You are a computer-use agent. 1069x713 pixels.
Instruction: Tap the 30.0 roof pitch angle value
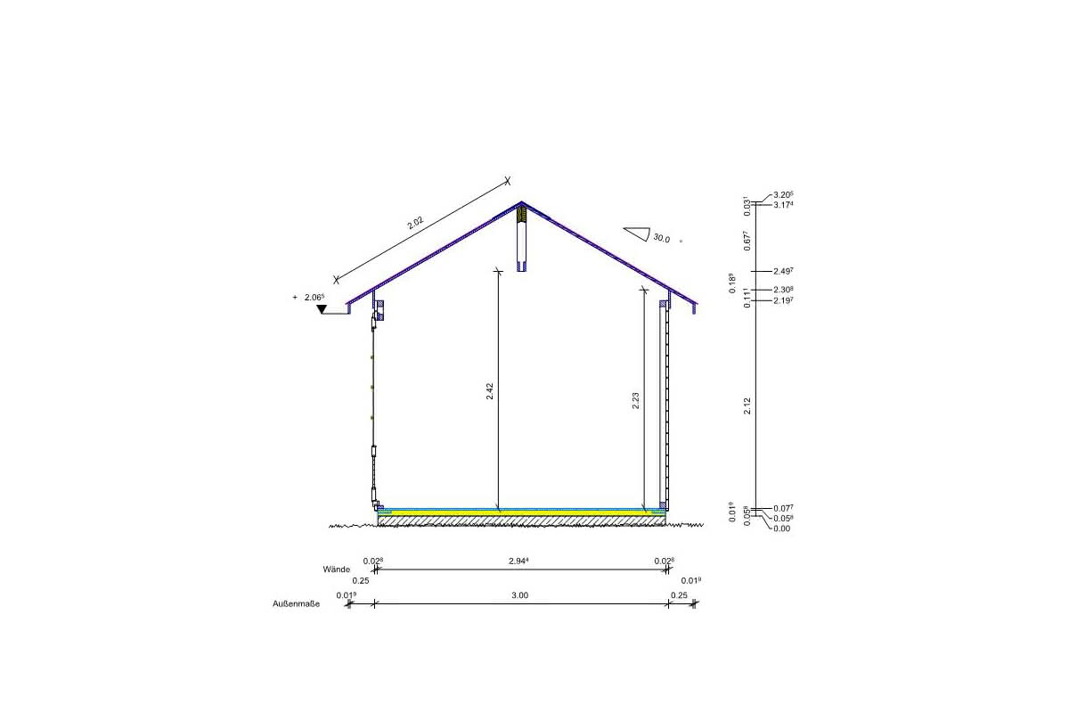[661, 238]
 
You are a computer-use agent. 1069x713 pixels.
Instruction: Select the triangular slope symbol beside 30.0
[635, 234]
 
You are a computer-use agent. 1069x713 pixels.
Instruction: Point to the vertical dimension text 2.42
[490, 391]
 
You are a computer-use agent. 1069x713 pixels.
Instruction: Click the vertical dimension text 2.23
[635, 402]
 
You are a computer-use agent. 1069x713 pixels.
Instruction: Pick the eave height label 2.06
[314, 298]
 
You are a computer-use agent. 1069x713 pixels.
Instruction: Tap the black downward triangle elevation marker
[322, 309]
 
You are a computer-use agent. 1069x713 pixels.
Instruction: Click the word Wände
[337, 568]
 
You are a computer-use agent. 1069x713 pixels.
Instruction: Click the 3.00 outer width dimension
[521, 594]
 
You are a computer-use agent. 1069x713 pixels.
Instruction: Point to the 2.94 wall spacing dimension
[518, 561]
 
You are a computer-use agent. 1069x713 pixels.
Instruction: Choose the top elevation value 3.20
[783, 195]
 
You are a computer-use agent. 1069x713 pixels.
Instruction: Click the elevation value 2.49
[783, 271]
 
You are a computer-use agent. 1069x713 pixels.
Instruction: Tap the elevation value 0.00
[781, 529]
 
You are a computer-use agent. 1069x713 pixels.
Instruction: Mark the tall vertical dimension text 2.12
[747, 406]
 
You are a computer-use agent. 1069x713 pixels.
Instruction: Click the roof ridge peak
[521, 202]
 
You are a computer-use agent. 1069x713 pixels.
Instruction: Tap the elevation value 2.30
[783, 290]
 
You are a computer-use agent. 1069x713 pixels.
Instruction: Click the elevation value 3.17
[783, 205]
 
